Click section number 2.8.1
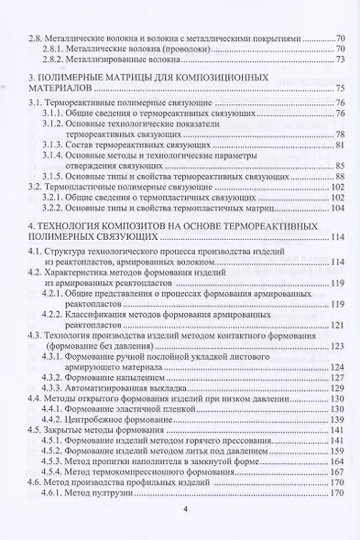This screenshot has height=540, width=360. (x=56, y=49)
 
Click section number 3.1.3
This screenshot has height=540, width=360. (x=56, y=144)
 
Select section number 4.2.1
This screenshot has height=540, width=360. (x=56, y=303)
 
